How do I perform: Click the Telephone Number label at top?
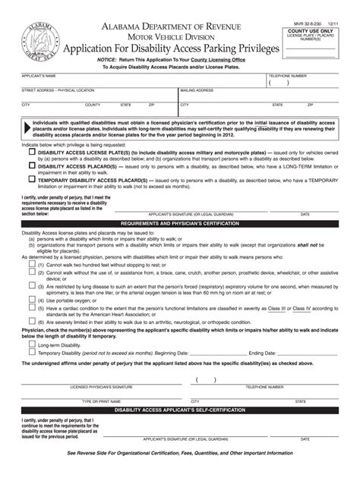pyautogui.click(x=286, y=77)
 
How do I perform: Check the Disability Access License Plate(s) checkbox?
pyautogui.click(x=31, y=152)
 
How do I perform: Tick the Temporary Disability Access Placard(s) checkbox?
pyautogui.click(x=31, y=180)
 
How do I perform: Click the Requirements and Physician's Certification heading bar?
pyautogui.click(x=179, y=225)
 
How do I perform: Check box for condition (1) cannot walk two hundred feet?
pyautogui.click(x=31, y=265)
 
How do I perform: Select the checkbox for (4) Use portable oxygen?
pyautogui.click(x=31, y=299)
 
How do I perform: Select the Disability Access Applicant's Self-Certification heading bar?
pyautogui.click(x=179, y=410)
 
